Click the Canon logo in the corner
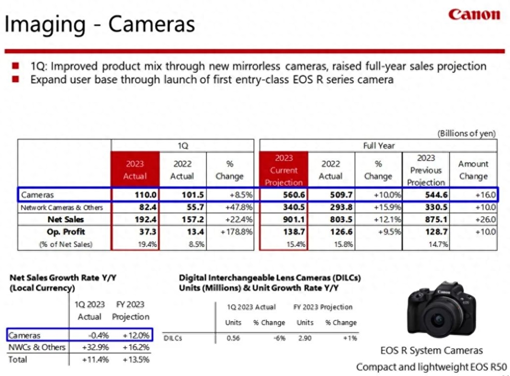(x=474, y=14)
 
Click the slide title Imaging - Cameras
(x=99, y=24)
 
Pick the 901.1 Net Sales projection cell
(x=289, y=219)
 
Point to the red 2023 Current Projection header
(x=284, y=170)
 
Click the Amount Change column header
(x=473, y=170)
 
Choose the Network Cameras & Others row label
(x=62, y=207)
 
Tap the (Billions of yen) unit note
(x=466, y=134)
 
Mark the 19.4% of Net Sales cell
(x=147, y=244)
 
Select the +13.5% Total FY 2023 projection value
(x=136, y=360)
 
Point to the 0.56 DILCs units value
(x=233, y=338)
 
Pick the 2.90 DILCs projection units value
(x=305, y=338)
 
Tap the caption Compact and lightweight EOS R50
(x=431, y=367)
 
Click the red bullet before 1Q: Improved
(x=15, y=66)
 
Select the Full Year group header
(x=378, y=145)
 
